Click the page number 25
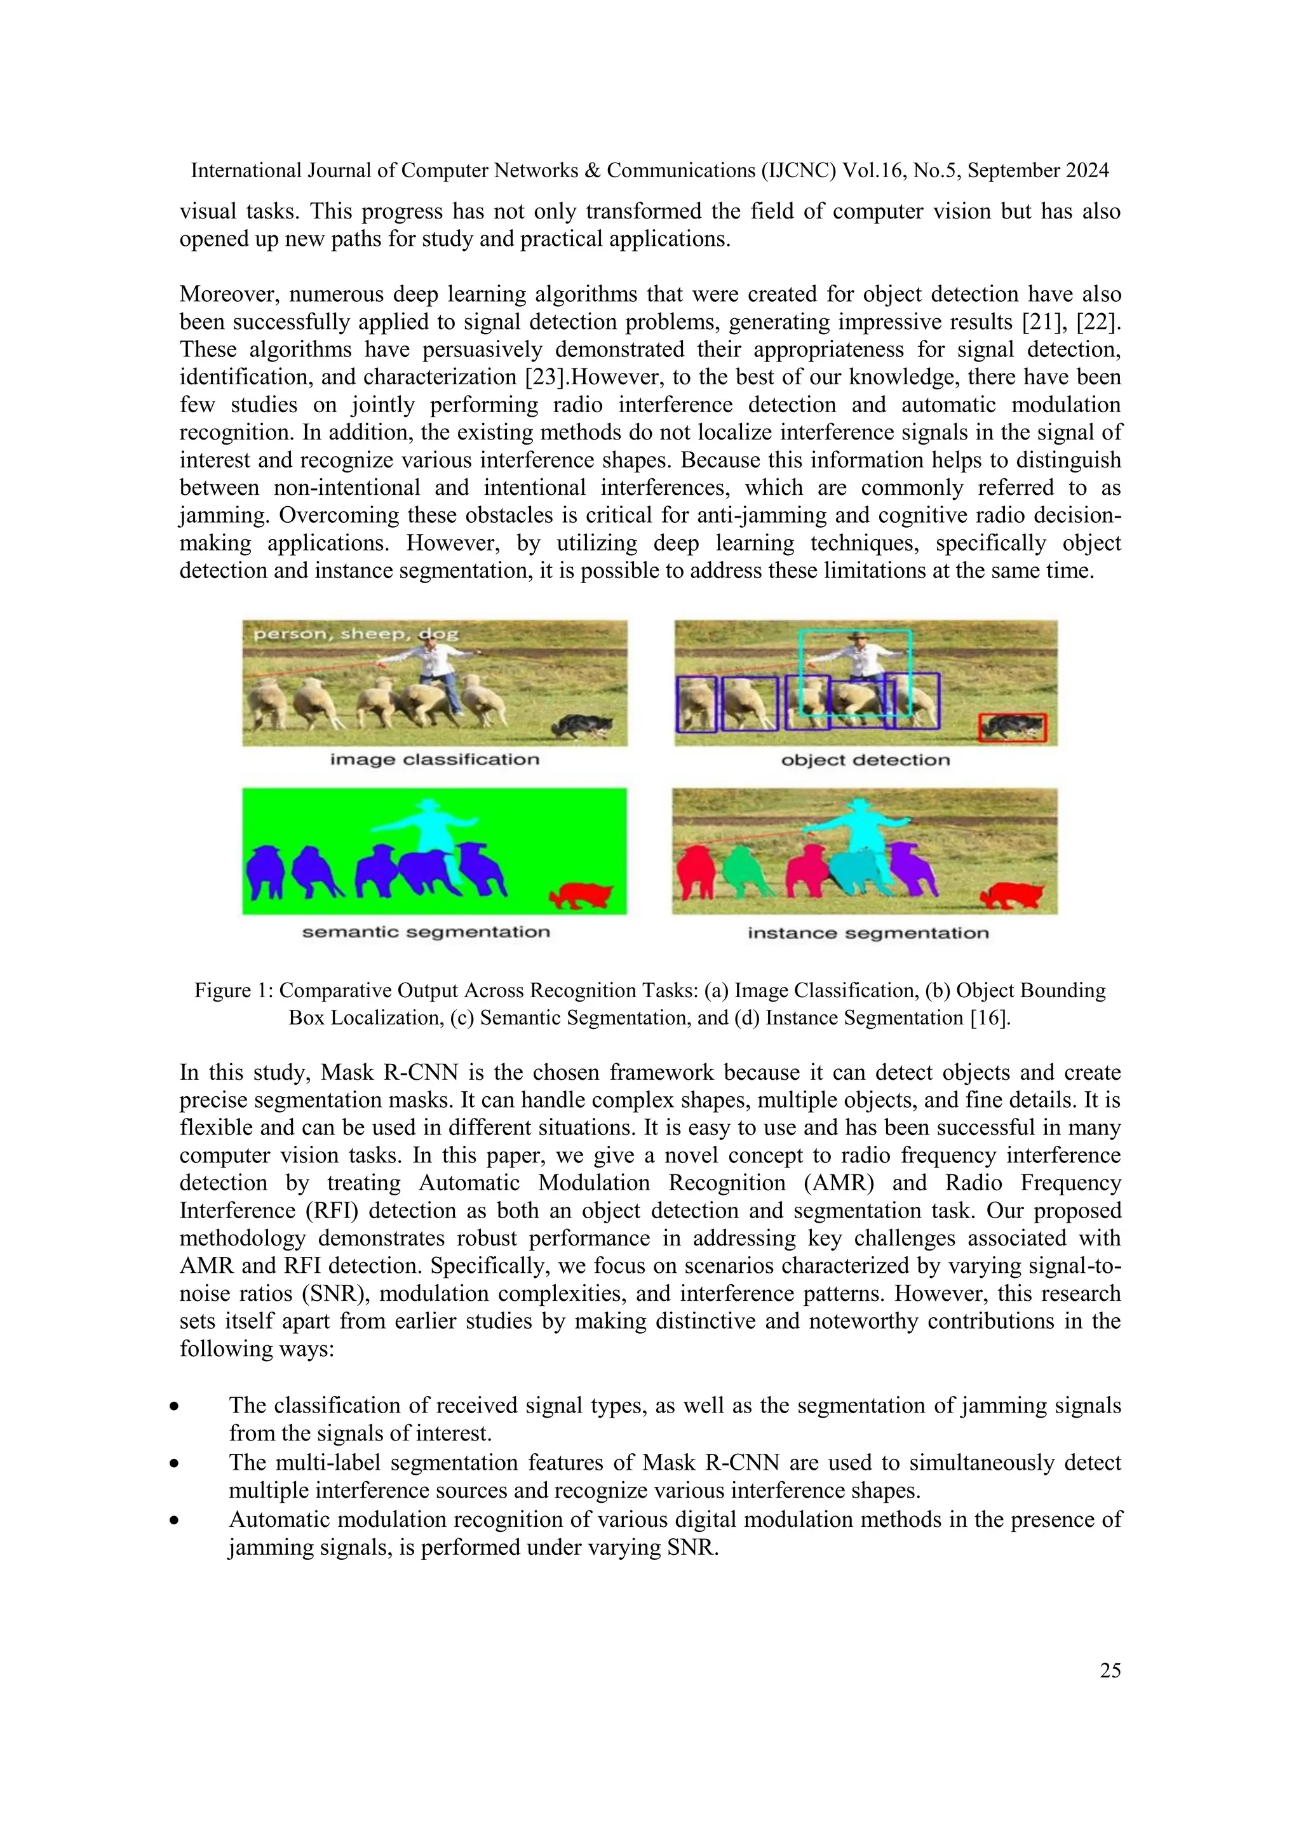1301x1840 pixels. pyautogui.click(x=1109, y=1670)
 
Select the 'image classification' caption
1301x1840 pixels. pyautogui.click(x=435, y=759)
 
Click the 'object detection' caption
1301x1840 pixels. pyautogui.click(x=865, y=760)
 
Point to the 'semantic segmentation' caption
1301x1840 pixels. pyautogui.click(x=426, y=932)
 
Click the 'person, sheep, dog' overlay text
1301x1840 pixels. pyautogui.click(x=356, y=634)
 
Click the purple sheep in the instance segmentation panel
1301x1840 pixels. pyautogui.click(x=915, y=867)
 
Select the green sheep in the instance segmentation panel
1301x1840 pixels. pyautogui.click(x=747, y=871)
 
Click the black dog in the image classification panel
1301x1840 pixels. pyautogui.click(x=584, y=725)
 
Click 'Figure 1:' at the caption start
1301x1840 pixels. pyautogui.click(x=234, y=991)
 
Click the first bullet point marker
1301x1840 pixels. pyautogui.click(x=173, y=1406)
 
